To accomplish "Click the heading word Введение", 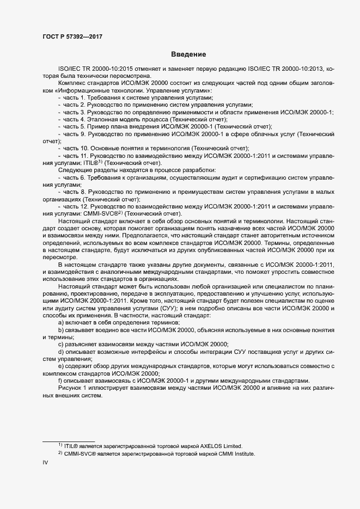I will point(188,54).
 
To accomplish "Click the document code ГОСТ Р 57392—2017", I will point(72,36).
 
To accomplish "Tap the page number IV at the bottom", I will point(46,463).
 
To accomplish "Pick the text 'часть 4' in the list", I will point(74,119).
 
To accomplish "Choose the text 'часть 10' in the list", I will point(75,149).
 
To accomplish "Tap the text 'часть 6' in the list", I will point(74,178).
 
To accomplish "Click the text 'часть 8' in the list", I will point(74,193).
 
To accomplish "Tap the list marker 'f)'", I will point(60,381).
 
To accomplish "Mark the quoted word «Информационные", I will point(76,90).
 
